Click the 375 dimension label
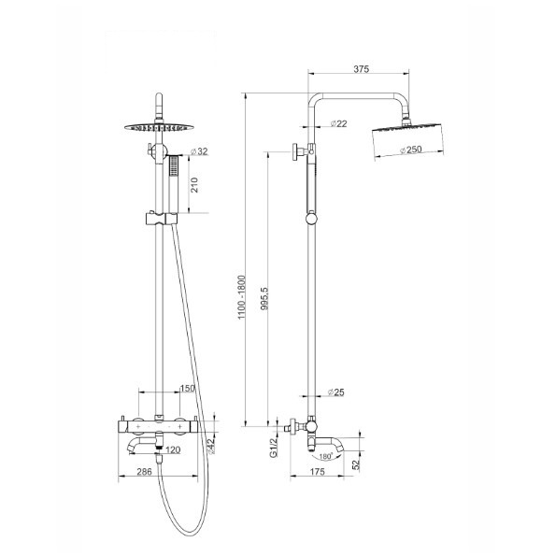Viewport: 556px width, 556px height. click(x=361, y=69)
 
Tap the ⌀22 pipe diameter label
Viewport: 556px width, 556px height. click(x=338, y=123)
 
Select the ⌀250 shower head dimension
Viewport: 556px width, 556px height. click(x=411, y=150)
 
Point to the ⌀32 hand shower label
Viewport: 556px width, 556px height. click(x=199, y=151)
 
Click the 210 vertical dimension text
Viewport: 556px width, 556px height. click(x=194, y=185)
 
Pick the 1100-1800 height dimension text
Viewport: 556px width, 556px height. click(x=241, y=297)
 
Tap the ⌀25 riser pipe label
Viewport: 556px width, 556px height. click(x=335, y=392)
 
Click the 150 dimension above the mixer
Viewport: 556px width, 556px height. click(x=188, y=389)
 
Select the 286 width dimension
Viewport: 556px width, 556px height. click(x=144, y=472)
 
